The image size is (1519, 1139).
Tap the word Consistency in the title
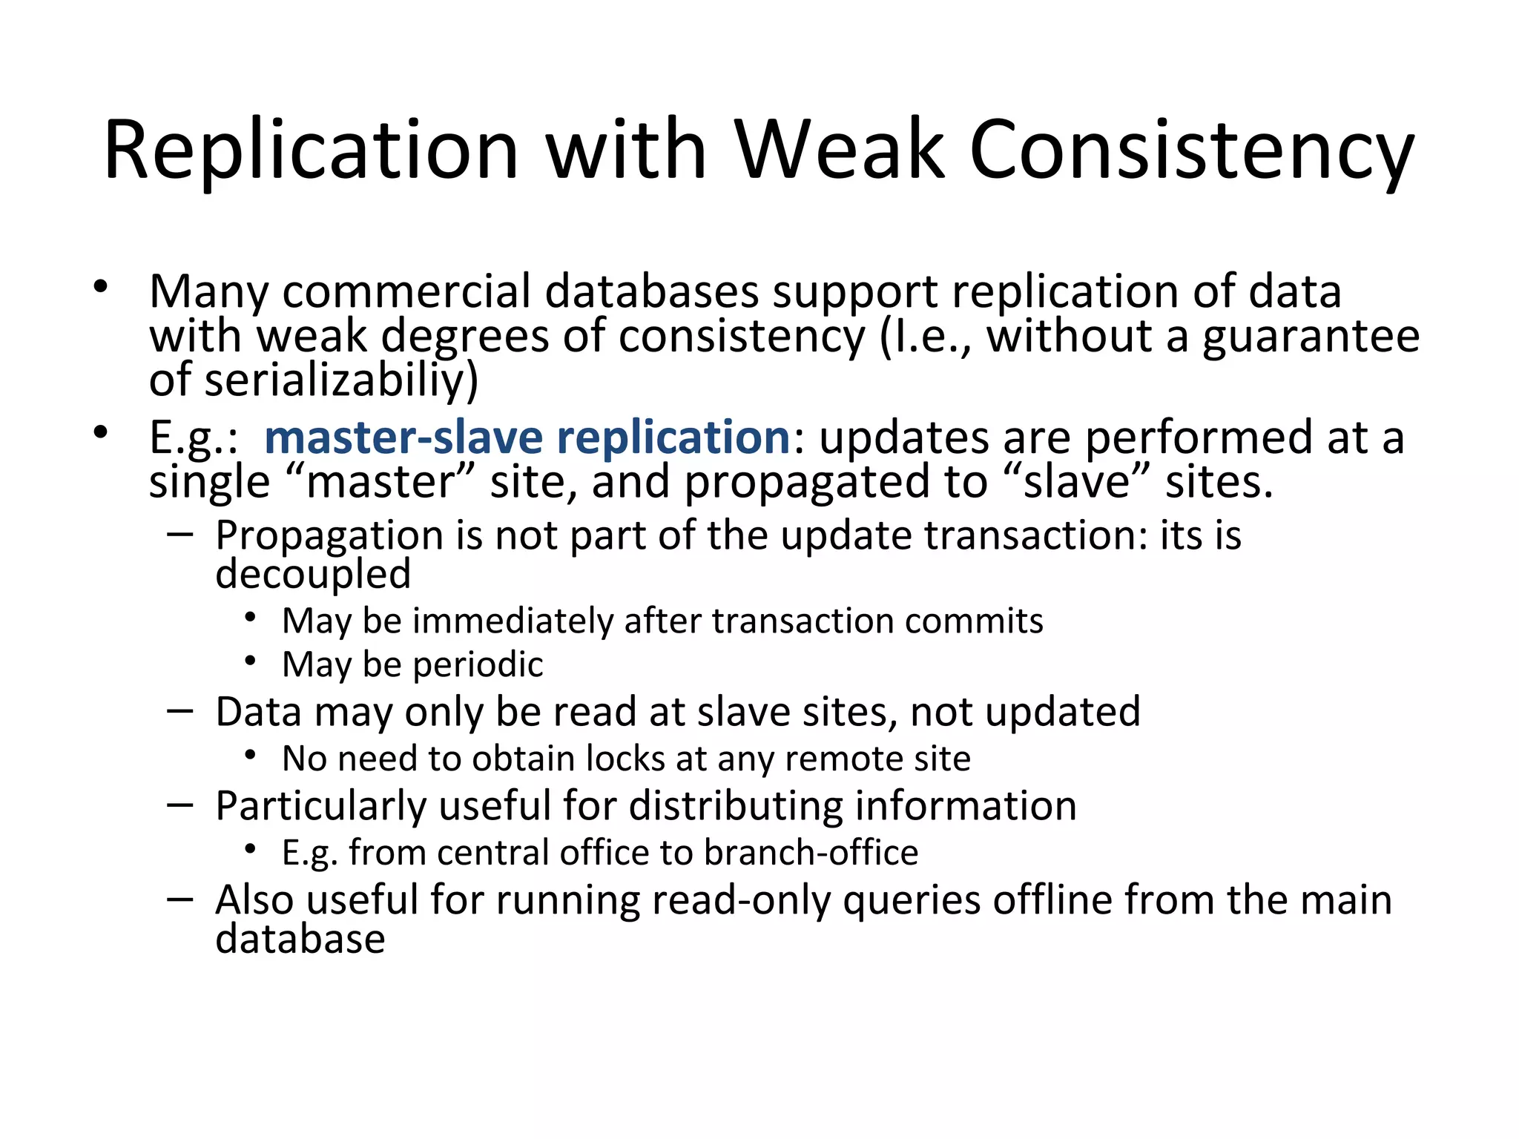[1192, 152]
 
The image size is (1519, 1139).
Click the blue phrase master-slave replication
[527, 438]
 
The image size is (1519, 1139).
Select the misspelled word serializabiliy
[340, 380]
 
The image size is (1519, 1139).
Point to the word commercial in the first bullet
[406, 291]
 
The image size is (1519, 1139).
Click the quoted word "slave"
[1081, 482]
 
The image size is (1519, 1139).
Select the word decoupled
[313, 574]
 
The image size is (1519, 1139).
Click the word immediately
[513, 621]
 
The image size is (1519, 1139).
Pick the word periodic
[478, 664]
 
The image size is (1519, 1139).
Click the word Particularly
[320, 806]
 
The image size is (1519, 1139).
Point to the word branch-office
[811, 853]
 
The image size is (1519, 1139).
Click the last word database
[300, 939]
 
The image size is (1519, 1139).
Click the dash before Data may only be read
[180, 711]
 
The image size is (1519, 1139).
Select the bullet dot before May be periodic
[251, 659]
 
